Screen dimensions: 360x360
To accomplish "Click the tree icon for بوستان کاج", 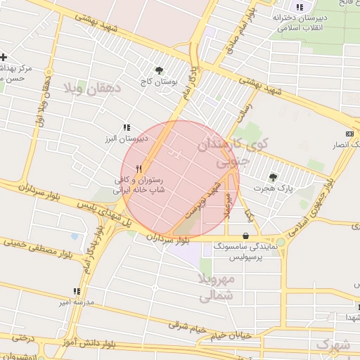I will (160, 70).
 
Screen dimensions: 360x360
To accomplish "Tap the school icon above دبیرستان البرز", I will (127, 127).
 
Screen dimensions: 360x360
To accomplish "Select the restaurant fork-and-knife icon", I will (139, 169).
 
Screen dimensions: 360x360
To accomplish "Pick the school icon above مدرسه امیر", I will (77, 291).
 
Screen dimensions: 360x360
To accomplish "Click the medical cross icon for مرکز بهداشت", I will (4, 56).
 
